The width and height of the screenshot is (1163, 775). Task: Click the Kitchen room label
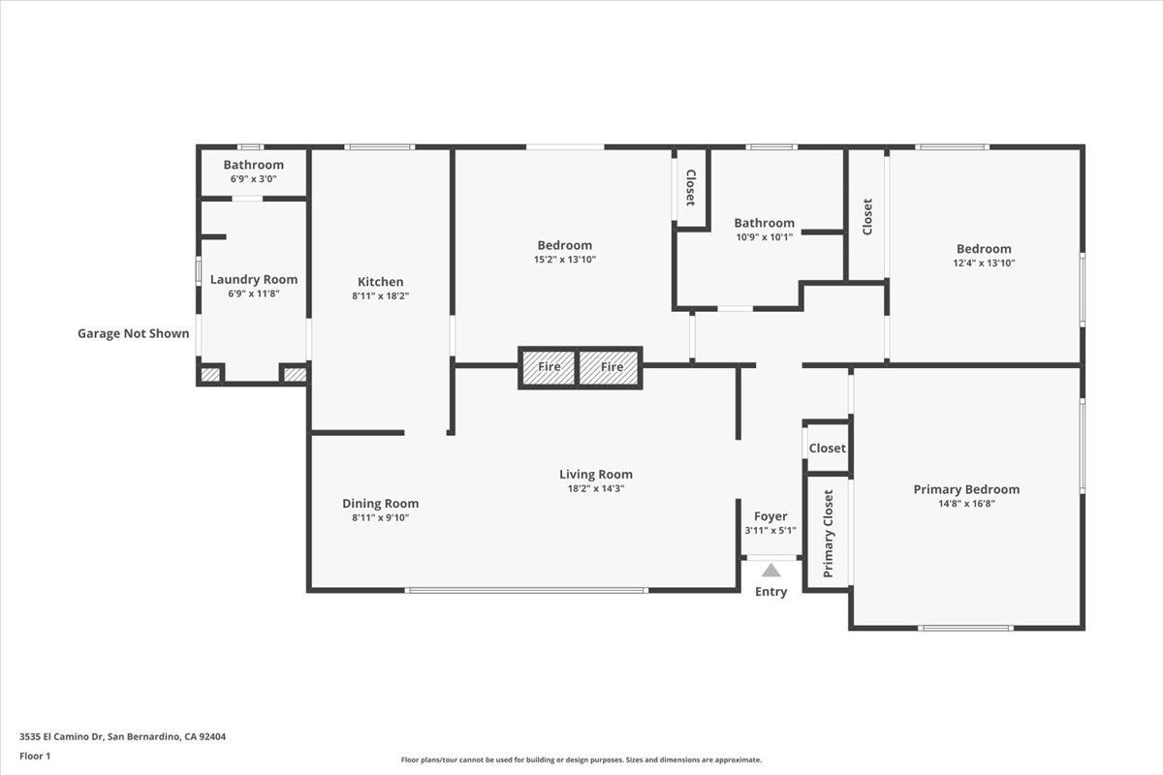coord(380,282)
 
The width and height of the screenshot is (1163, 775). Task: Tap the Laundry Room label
coord(254,280)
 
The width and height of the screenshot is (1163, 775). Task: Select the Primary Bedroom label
coord(966,489)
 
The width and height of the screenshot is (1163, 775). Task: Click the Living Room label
coord(596,474)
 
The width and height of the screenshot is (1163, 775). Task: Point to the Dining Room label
coord(380,503)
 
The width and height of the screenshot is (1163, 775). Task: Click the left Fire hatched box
coord(549,367)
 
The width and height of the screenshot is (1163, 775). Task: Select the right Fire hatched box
coord(612,367)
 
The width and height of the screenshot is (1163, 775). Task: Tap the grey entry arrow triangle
coord(770,571)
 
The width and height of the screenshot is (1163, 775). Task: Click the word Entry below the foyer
coord(770,592)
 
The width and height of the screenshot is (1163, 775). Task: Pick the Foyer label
coord(770,516)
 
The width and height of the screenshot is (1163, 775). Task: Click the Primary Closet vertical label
coord(829,534)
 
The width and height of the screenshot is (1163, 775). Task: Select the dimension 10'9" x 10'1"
coord(764,237)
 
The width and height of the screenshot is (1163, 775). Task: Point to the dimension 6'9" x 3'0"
coord(254,179)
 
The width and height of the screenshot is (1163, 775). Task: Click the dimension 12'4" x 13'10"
coord(984,263)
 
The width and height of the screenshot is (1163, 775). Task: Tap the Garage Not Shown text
coord(134,333)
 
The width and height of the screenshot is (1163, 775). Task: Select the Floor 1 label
coord(35,756)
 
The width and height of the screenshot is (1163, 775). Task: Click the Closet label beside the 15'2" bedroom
coord(690,188)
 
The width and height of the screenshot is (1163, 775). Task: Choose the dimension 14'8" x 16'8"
coord(966,504)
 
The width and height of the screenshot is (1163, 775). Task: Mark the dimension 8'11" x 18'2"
coord(380,296)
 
